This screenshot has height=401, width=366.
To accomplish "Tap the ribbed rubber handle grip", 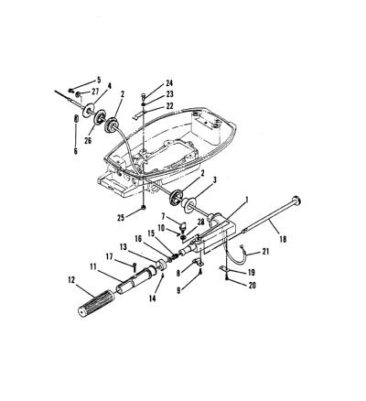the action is click(95, 302).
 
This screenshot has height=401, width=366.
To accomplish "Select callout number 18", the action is click(283, 239).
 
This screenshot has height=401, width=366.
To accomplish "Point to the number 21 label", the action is click(266, 251).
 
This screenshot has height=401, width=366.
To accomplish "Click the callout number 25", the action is click(121, 218).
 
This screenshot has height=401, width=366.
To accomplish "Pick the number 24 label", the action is click(169, 83).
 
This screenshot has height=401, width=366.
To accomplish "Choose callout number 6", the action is click(76, 150).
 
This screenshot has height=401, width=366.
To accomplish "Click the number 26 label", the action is click(88, 140).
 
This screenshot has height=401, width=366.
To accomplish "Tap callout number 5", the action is click(99, 80).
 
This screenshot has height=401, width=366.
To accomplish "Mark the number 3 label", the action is click(215, 180).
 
